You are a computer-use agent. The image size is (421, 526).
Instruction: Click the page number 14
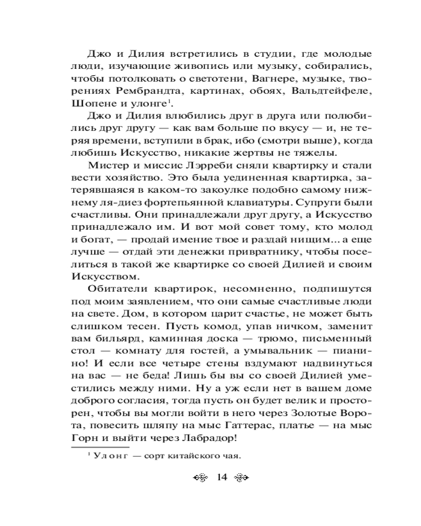tap(220, 477)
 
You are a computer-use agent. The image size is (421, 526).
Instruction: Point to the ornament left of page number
tap(202, 478)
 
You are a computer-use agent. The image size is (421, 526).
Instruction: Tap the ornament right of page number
tap(239, 478)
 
